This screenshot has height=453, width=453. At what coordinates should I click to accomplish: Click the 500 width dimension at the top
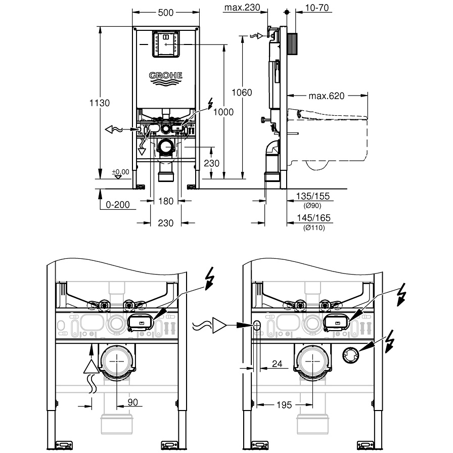166,12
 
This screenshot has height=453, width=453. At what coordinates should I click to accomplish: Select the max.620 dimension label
326,96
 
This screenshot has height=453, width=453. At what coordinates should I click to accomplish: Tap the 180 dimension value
166,201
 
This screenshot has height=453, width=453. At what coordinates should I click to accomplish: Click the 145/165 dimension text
314,219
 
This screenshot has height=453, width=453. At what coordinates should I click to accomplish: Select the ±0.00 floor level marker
121,172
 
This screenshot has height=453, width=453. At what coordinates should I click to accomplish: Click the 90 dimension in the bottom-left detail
132,402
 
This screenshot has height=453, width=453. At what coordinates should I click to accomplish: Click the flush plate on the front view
166,43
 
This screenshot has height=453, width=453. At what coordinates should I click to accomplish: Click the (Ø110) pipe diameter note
314,228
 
